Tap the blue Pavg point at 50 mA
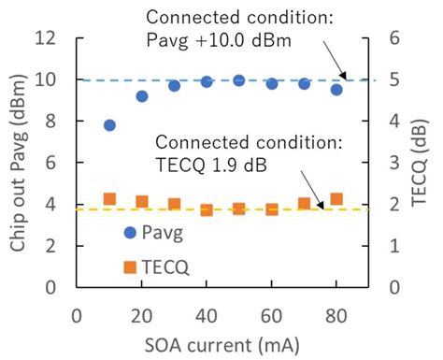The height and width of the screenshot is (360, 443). pos(239,80)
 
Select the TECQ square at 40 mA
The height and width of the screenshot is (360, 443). pos(207,210)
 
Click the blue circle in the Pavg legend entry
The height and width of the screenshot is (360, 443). pos(131,230)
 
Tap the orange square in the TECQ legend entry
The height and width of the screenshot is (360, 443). pos(131,266)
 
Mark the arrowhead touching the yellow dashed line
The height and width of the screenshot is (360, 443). pos(328,207)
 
